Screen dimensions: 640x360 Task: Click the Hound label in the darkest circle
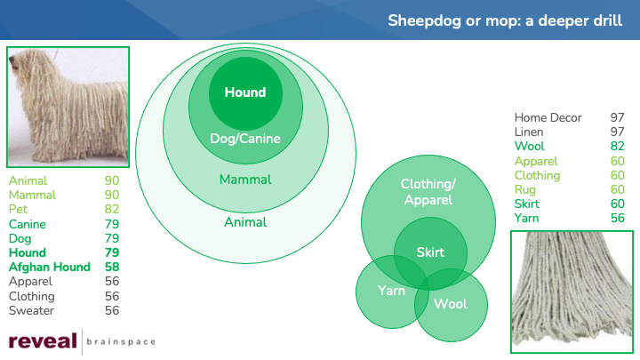245,92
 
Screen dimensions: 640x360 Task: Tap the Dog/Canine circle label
245,139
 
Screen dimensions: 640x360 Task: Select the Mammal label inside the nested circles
245,180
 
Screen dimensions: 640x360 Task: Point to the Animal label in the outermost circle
245,222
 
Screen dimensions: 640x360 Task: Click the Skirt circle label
430,252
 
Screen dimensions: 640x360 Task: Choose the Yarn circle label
391,291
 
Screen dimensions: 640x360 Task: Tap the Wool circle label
451,304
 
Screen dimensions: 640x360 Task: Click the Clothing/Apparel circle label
428,192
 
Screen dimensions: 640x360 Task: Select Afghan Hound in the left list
50,267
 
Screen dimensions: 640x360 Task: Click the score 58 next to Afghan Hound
112,267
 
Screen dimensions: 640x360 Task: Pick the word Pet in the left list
18,209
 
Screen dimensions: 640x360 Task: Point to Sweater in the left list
31,310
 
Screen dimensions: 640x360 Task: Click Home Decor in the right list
548,117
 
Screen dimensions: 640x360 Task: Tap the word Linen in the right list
529,132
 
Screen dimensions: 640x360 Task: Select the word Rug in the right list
525,190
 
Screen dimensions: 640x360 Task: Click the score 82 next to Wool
617,146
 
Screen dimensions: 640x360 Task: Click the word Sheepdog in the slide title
425,20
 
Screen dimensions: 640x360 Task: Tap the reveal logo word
43,340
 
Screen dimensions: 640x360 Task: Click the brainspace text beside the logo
121,341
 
